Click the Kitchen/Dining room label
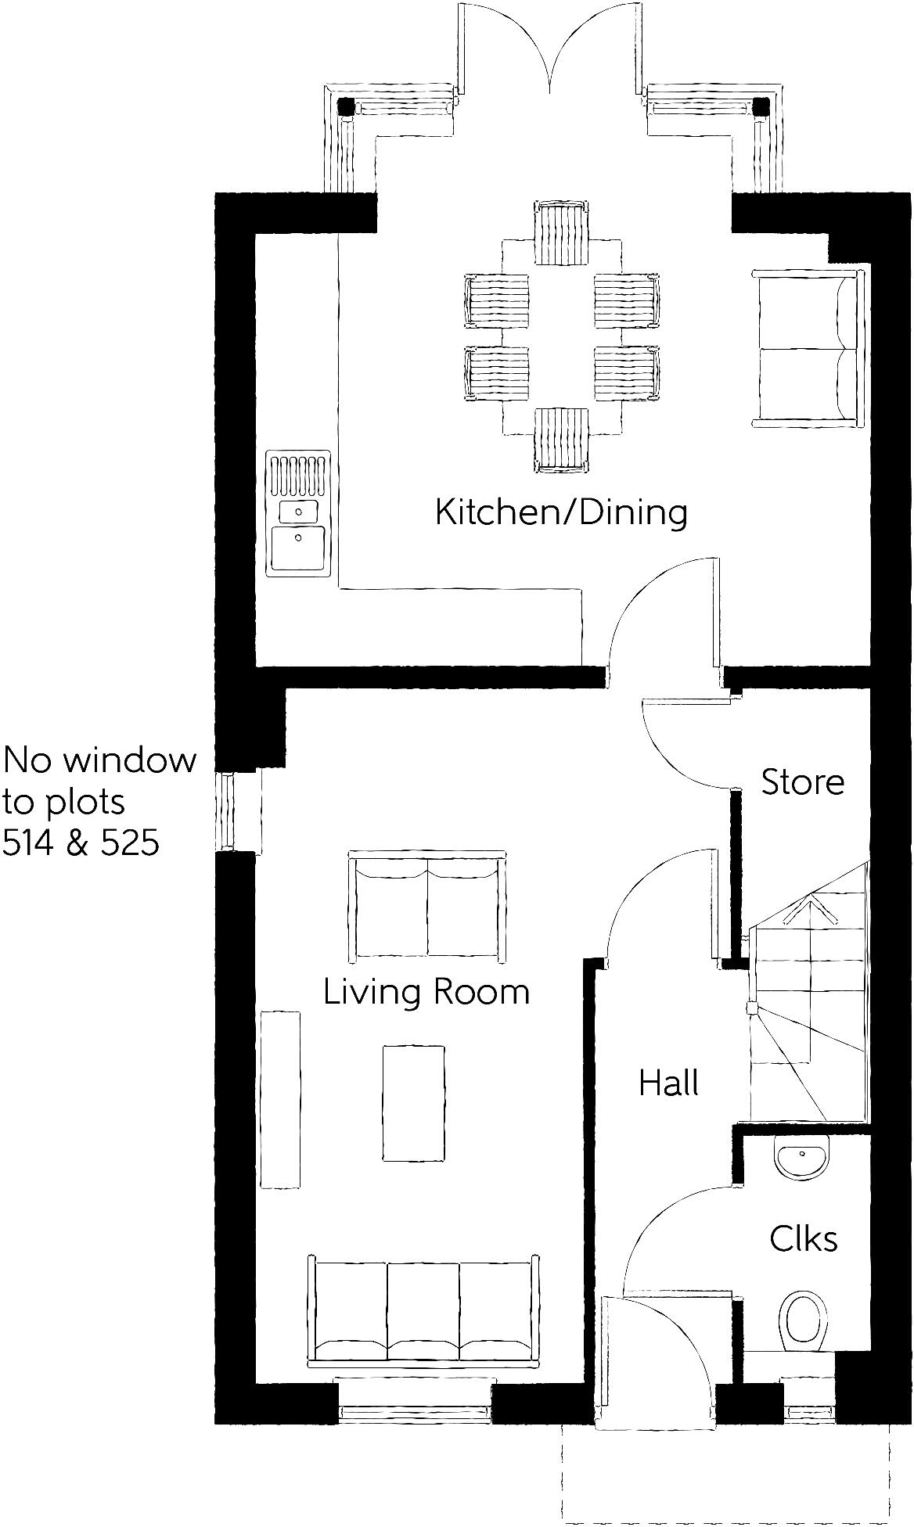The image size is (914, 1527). click(561, 512)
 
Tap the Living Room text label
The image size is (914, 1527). click(426, 992)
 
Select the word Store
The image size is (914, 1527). click(803, 781)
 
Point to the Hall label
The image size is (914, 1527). click(668, 1083)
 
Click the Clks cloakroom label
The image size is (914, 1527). click(803, 1239)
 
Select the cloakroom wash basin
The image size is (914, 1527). click(801, 1159)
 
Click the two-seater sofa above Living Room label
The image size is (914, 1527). click(426, 906)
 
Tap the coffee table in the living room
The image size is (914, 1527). click(414, 1104)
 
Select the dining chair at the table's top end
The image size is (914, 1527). click(561, 233)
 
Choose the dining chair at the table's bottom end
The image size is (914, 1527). click(561, 440)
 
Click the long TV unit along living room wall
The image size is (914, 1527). click(280, 1100)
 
